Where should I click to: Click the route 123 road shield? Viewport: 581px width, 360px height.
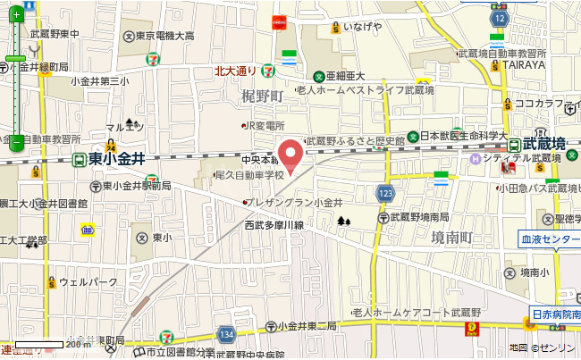pyautogui.click(x=385, y=194)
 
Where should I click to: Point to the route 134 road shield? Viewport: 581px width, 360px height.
pyautogui.click(x=228, y=333)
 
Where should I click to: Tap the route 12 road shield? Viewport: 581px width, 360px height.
pyautogui.click(x=499, y=18)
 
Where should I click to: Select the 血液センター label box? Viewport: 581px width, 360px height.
pyautogui.click(x=551, y=239)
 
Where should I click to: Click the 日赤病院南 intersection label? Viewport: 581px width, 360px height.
pyautogui.click(x=556, y=314)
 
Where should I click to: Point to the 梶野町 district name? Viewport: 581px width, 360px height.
pyautogui.click(x=262, y=96)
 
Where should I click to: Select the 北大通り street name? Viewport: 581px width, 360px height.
pyautogui.click(x=236, y=71)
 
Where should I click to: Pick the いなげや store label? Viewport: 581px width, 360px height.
pyautogui.click(x=362, y=26)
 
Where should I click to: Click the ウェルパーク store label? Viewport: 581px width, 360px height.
pyautogui.click(x=88, y=282)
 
